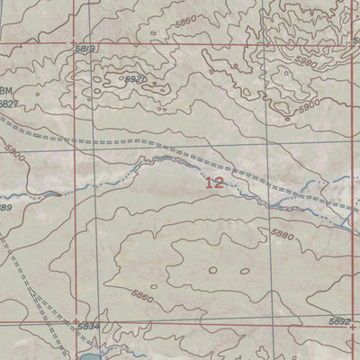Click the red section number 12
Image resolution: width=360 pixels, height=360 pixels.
215,183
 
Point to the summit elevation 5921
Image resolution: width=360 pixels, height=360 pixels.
134,80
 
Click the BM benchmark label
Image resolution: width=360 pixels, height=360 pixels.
8,92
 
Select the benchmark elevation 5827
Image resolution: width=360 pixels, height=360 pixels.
9,104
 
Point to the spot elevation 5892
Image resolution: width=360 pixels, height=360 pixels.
339,321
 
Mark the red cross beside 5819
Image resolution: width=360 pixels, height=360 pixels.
75,42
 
